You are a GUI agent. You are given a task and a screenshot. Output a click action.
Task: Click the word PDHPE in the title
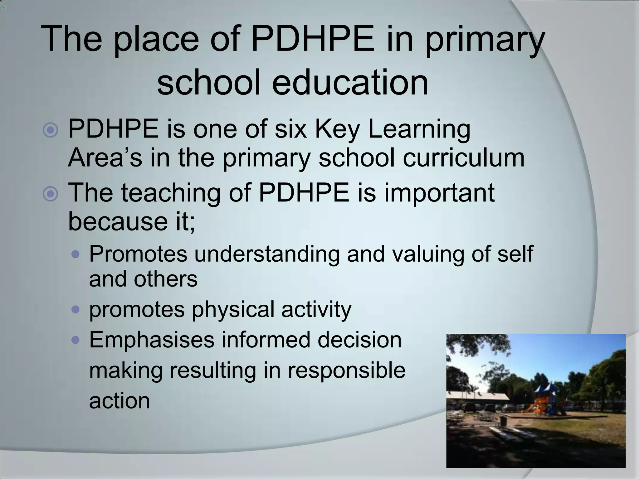[x=312, y=40]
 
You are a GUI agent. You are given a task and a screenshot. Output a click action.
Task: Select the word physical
[x=233, y=310]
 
